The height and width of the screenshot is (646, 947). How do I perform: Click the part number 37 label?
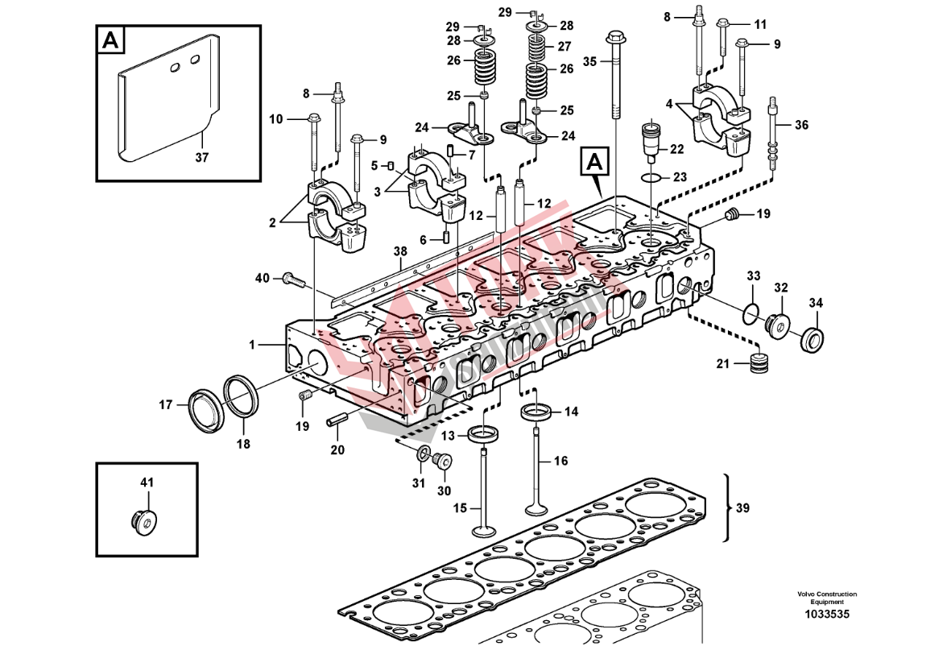tap(201, 158)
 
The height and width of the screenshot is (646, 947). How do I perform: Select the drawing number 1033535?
tap(827, 615)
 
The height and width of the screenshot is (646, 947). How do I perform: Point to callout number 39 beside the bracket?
tap(742, 507)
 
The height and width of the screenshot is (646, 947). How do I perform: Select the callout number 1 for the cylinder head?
tap(252, 345)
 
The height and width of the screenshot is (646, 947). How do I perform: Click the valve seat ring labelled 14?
tap(536, 412)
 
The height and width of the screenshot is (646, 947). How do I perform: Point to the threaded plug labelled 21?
tap(757, 363)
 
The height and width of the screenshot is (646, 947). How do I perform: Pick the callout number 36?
tap(801, 125)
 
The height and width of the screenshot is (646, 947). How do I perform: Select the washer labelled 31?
tap(422, 457)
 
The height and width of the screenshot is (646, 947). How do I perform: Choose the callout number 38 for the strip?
tap(400, 251)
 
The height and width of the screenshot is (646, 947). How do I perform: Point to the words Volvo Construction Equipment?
tap(827, 598)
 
